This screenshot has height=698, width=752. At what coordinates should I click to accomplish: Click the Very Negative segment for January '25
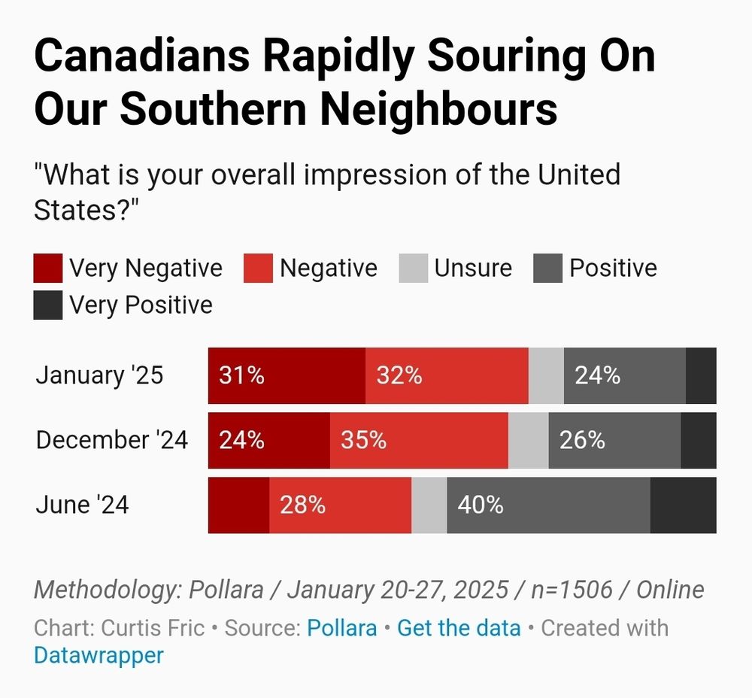pos(287,375)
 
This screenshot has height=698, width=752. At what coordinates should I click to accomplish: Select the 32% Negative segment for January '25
pos(447,375)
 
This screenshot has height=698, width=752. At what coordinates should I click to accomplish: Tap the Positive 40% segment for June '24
pos(548,505)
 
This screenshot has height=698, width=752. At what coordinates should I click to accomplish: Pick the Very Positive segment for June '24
pos(683,505)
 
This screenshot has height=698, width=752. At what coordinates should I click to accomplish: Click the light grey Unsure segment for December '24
pos(528,440)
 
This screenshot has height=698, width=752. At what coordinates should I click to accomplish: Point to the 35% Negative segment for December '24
pos(419,440)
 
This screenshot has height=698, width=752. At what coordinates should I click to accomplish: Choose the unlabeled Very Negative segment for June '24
pos(238,505)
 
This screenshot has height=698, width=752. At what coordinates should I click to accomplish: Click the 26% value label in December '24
pos(582,440)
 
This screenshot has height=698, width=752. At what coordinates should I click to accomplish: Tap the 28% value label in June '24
pos(302,505)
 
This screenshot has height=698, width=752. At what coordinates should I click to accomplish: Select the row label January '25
pos(99,375)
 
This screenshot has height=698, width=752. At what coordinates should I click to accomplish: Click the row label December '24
pos(112,440)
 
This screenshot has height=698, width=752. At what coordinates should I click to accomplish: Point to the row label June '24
pos(82,505)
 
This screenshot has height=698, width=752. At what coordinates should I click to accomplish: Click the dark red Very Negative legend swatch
pos(48,269)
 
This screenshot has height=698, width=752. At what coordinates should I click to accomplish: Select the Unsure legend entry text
pos(473,269)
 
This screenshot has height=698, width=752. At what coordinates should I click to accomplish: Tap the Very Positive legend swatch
pos(48,305)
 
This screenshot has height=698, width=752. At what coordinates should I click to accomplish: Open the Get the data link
pos(459,627)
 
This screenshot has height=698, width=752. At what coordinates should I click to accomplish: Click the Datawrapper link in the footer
pos(99,655)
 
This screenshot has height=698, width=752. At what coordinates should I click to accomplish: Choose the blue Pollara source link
pos(341,627)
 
